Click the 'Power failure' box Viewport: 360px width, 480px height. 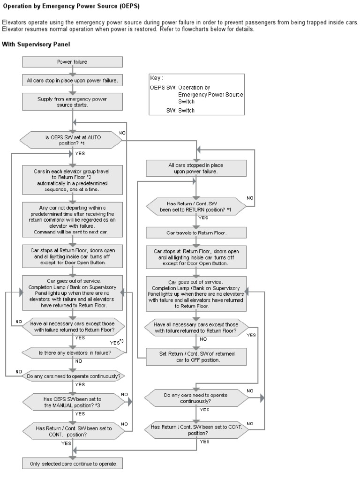(x=72, y=62)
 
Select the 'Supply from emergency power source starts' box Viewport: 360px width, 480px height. (x=72, y=102)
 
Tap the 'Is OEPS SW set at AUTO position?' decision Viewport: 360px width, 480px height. (x=71, y=140)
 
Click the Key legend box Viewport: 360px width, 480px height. (x=196, y=94)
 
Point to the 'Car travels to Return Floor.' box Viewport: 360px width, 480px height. (x=196, y=232)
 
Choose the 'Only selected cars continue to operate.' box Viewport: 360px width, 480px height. (x=72, y=464)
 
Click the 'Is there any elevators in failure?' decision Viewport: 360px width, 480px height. (x=75, y=352)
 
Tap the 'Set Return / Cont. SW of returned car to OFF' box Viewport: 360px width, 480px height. (x=196, y=357)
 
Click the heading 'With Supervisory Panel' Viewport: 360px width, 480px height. (x=36, y=45)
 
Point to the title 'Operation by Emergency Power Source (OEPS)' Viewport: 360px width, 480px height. (x=71, y=6)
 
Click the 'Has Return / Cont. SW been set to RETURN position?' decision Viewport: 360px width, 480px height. (x=196, y=207)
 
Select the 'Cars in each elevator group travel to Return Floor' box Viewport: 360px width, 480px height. (x=72, y=180)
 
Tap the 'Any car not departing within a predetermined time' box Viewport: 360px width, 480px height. (x=72, y=219)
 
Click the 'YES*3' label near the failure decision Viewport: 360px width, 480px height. (x=117, y=342)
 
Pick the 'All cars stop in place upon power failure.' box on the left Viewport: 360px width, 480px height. (x=72, y=81)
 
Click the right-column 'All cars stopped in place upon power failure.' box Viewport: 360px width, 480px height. (x=196, y=168)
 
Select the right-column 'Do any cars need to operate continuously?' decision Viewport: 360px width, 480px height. (x=196, y=398)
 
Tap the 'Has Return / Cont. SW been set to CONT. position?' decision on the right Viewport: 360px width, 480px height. (x=196, y=430)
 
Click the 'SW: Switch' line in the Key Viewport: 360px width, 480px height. (x=180, y=110)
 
